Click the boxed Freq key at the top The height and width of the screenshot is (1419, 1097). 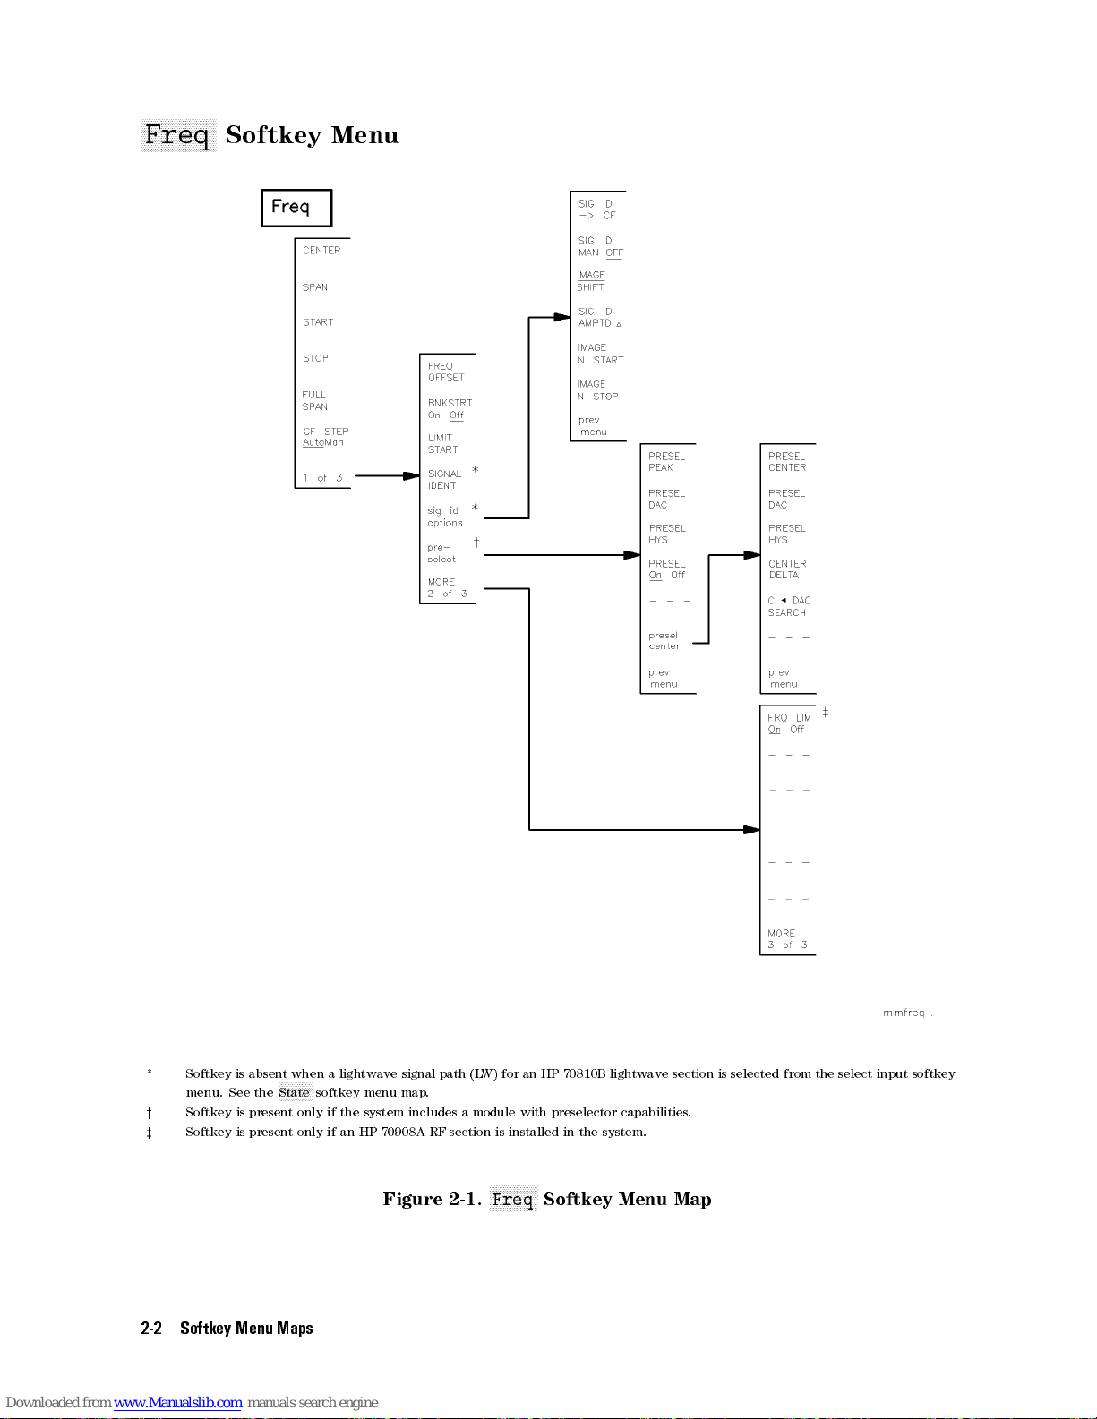click(296, 208)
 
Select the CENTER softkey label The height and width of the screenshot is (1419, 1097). click(321, 251)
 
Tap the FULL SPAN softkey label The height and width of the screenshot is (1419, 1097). click(314, 400)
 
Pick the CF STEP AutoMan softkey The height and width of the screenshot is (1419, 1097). click(324, 437)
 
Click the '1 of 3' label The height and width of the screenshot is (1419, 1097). click(322, 478)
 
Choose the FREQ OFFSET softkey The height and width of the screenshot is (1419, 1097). click(446, 372)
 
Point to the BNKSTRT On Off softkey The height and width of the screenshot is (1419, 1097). click(449, 409)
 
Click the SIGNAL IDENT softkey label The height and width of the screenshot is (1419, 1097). click(444, 480)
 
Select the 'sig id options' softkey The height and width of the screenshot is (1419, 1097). click(444, 517)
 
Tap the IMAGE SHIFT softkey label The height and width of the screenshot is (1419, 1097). click(591, 281)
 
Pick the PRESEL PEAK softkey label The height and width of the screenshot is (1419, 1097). click(666, 462)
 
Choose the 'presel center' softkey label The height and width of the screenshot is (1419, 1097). click(664, 640)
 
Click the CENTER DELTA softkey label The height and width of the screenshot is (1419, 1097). click(786, 569)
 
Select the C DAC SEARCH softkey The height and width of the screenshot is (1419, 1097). click(788, 606)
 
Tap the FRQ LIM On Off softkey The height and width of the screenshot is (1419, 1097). click(789, 723)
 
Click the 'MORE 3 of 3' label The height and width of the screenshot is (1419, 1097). click(786, 939)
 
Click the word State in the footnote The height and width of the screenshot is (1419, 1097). click(294, 1092)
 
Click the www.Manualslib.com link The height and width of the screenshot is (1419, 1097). click(177, 1402)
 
